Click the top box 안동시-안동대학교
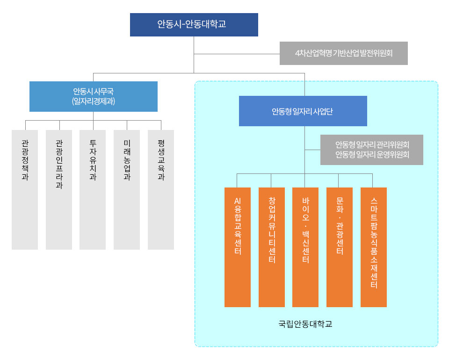click(194, 25)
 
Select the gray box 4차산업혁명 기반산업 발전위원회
click(344, 53)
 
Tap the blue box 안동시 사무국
click(94, 96)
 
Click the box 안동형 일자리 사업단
click(303, 111)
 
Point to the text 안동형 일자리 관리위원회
click(372, 145)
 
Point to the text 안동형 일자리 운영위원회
click(372, 155)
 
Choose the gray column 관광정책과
click(25, 190)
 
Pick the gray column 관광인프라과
click(59, 190)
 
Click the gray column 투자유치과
click(93, 190)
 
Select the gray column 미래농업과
click(127, 190)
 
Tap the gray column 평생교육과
click(161, 190)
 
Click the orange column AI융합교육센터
click(238, 247)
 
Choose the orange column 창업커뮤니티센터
click(272, 247)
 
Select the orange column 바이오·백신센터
click(305, 247)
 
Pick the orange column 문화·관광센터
click(340, 247)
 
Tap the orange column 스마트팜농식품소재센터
click(374, 247)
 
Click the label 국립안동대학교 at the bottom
click(305, 324)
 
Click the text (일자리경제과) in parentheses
click(94, 101)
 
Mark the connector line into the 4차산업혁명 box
click(237, 54)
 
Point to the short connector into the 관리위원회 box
click(312, 150)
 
